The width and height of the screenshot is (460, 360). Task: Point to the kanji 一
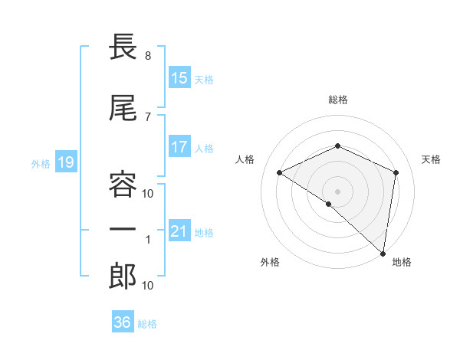click(123, 230)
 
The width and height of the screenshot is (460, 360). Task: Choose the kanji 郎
click(123, 277)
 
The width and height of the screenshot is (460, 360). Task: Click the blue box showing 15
click(179, 78)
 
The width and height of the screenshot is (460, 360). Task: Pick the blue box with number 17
click(179, 147)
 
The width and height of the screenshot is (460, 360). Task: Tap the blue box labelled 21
click(179, 231)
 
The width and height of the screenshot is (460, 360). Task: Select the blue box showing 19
click(65, 162)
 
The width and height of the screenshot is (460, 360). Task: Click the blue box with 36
click(122, 322)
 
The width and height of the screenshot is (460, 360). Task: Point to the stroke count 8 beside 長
click(147, 56)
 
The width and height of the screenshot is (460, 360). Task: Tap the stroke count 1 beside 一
click(148, 240)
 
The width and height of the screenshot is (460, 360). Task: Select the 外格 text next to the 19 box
click(40, 163)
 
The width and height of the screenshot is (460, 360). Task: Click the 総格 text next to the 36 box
click(147, 324)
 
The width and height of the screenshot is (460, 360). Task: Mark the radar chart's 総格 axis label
click(337, 100)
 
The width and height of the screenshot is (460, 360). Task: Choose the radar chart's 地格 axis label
click(402, 263)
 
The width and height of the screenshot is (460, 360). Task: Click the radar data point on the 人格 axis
click(280, 172)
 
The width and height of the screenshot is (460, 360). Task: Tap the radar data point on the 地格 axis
click(383, 253)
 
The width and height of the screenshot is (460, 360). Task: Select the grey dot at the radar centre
click(337, 191)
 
